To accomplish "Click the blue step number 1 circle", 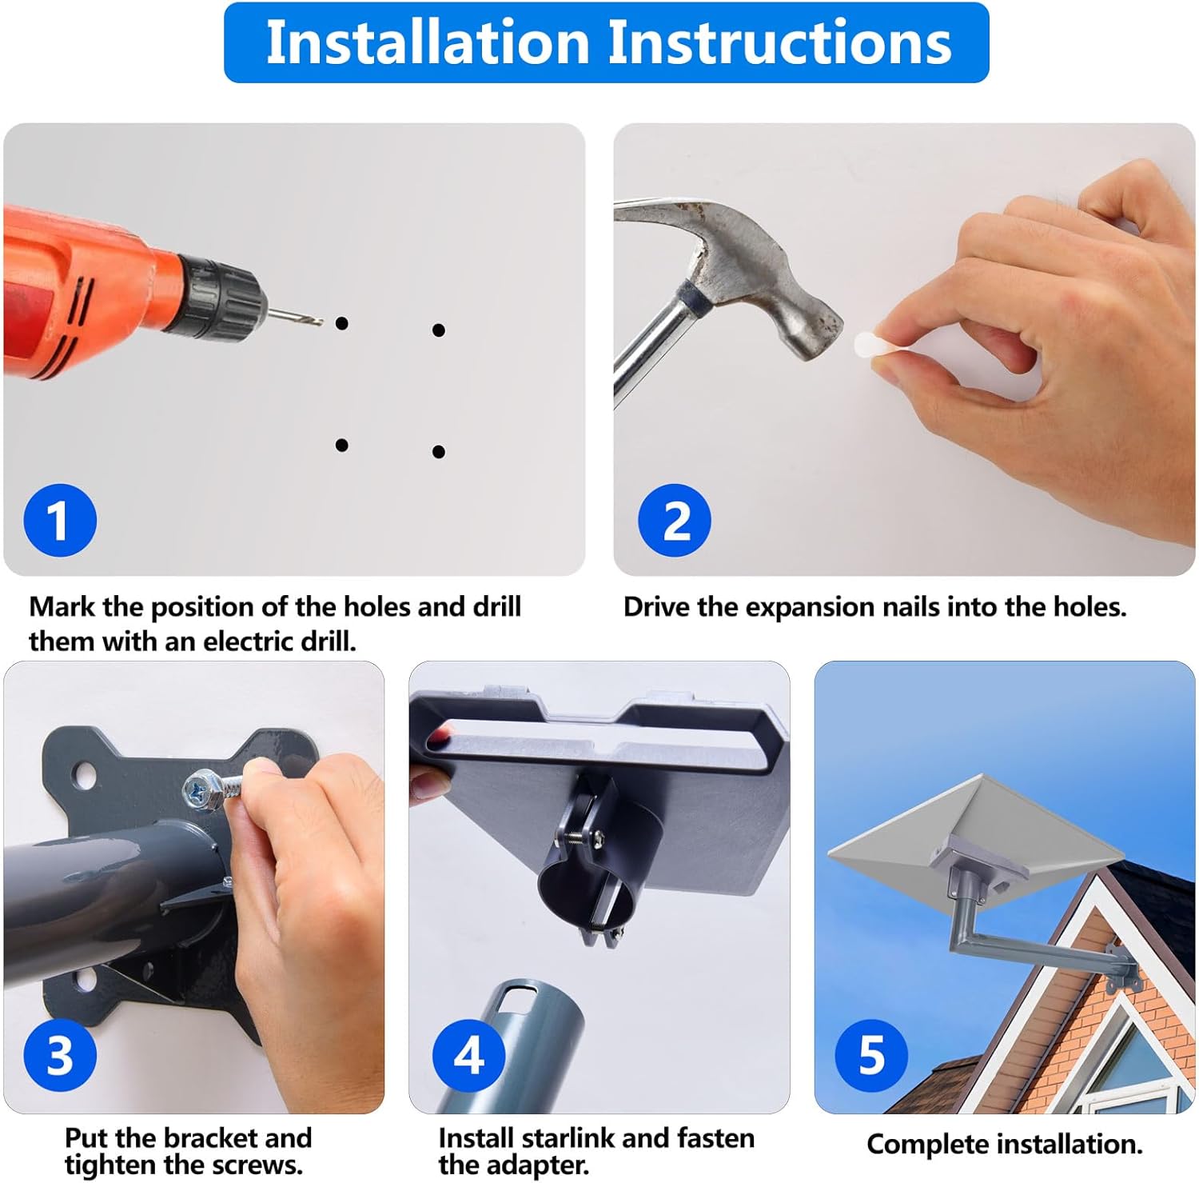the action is (x=60, y=521).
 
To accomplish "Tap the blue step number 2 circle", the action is (x=675, y=521).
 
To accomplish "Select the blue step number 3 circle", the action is (x=60, y=1055).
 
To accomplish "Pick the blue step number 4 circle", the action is (x=469, y=1055).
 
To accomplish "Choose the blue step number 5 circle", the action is (x=871, y=1055).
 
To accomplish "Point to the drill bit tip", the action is (x=321, y=322).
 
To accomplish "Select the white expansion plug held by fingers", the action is (x=871, y=347).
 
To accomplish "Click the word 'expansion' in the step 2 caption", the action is (x=807, y=608).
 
